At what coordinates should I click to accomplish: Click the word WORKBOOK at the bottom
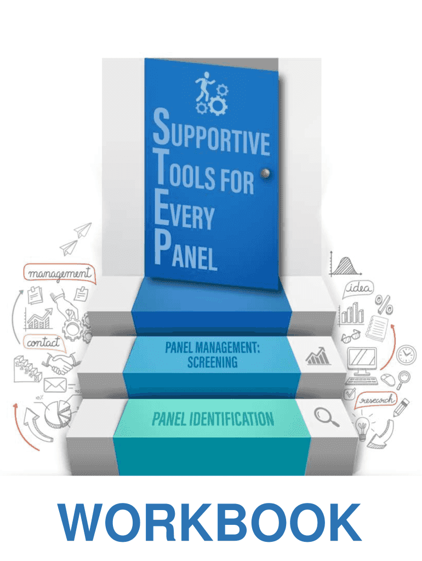tap(210, 522)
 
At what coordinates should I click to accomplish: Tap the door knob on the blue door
tap(265, 174)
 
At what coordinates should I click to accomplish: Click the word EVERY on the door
tap(184, 210)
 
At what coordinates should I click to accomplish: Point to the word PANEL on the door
tap(186, 250)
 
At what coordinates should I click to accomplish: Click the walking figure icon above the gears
tap(204, 87)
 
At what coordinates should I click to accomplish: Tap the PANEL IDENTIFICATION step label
tap(213, 419)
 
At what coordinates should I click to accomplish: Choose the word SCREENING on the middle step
tap(212, 362)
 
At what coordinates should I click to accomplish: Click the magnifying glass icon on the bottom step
tap(326, 417)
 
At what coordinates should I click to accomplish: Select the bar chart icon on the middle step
tap(318, 356)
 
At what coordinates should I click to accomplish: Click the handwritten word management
tap(59, 273)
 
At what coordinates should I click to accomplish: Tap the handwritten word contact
tap(43, 342)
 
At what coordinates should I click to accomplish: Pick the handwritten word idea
tap(359, 288)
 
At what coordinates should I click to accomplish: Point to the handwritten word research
tap(377, 399)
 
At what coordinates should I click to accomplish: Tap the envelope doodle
tap(55, 385)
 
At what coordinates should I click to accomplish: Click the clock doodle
tap(406, 355)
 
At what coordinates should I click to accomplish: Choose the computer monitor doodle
tap(362, 362)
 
